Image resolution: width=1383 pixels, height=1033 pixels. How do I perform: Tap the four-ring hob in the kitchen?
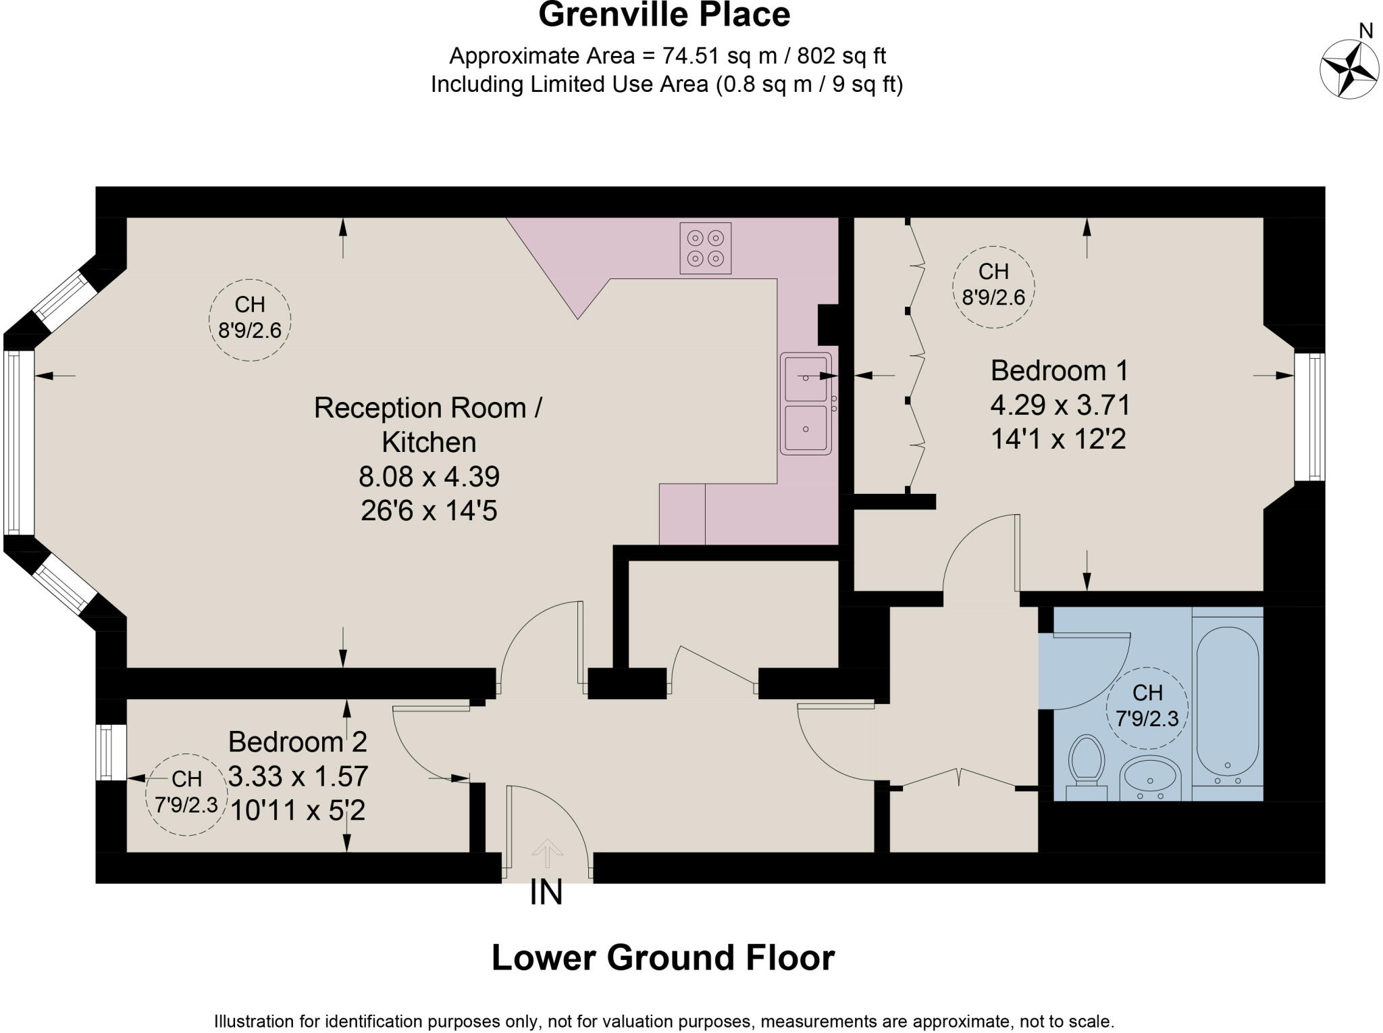tap(706, 248)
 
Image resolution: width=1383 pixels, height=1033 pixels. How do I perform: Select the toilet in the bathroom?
tap(1087, 767)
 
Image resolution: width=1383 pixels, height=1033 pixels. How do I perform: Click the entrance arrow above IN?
tap(547, 853)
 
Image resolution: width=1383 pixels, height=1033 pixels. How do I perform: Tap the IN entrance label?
tap(546, 893)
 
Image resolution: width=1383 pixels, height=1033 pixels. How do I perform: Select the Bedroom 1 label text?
tap(1059, 370)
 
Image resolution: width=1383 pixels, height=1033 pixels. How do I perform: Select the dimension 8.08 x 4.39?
tap(429, 477)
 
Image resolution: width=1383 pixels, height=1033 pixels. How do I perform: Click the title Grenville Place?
tap(664, 15)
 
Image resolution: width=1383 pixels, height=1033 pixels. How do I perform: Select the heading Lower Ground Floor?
tap(663, 957)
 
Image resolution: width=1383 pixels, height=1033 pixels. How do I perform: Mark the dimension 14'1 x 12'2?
tap(1058, 439)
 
